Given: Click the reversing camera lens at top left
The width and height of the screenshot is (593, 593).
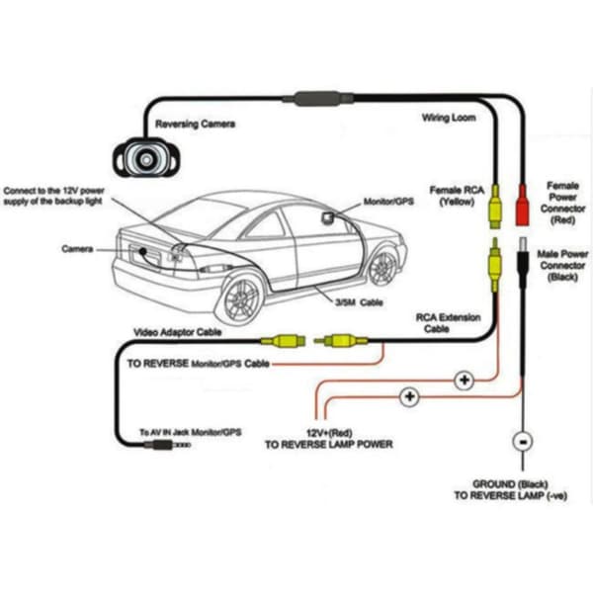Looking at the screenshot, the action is point(146,159).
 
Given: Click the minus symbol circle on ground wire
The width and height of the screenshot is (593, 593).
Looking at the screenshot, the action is point(523,442).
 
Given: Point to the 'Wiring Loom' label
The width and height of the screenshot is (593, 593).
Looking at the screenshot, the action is point(449,118).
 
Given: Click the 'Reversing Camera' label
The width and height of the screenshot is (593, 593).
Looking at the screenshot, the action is point(195,124).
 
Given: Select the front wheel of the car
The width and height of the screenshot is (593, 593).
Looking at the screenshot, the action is point(382,268).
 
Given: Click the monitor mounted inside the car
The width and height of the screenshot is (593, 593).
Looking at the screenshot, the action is point(328,217).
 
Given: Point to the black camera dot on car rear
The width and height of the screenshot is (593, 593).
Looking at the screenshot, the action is point(142,251).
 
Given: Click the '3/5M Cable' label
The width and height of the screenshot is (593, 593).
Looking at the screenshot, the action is point(359,302).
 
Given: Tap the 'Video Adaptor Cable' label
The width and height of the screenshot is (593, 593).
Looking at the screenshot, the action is point(177,332).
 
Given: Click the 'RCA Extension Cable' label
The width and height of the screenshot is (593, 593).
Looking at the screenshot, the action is point(448,323).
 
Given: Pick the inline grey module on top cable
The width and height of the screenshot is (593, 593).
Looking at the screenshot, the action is point(318,99).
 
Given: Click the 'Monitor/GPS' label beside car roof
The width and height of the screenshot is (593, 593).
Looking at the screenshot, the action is point(388,202).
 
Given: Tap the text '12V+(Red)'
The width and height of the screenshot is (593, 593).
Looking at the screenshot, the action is point(329,433).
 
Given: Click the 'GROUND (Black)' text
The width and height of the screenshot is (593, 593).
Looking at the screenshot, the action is point(510,484).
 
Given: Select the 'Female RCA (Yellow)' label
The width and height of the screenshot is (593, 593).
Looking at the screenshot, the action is point(457,196).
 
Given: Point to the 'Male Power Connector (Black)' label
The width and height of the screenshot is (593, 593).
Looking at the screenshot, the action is point(562,265).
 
